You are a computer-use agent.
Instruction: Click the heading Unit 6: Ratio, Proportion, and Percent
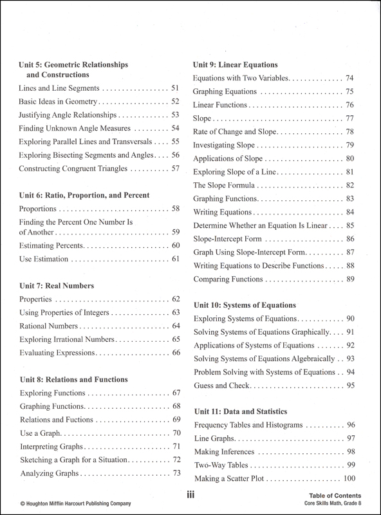pos(85,194)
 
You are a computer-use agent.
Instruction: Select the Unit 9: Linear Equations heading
pos(236,65)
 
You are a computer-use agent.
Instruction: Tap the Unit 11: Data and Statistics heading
pos(241,410)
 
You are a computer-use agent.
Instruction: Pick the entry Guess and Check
pos(223,386)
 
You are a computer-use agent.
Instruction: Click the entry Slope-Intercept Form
pos(229,238)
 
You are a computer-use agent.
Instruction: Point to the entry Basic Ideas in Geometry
pos(58,102)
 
